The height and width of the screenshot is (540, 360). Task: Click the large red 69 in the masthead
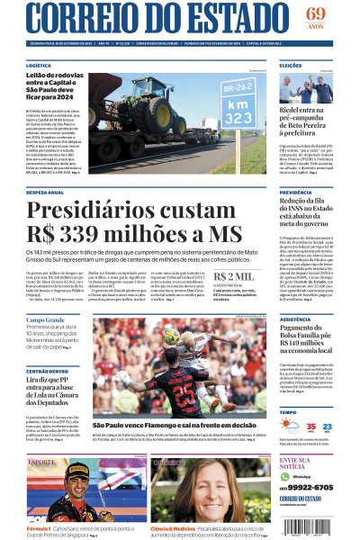pos(316,13)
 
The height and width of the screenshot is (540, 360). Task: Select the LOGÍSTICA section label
pos(39,66)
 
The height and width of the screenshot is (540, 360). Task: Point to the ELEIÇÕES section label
pos(291,66)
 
